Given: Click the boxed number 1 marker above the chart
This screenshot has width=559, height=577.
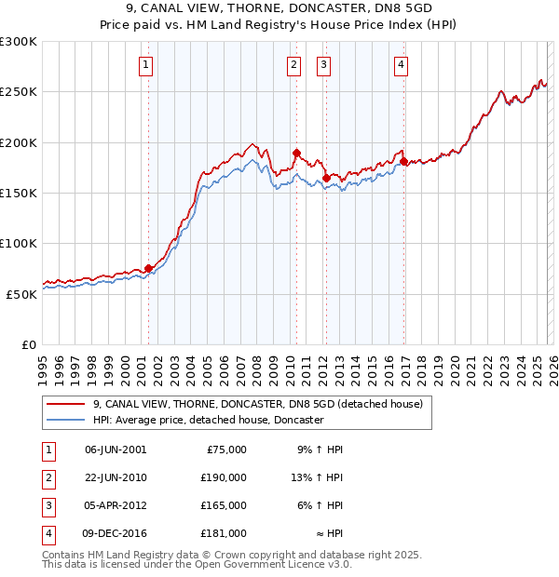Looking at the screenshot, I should point(147,65).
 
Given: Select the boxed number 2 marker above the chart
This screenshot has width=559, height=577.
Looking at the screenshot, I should point(293,65).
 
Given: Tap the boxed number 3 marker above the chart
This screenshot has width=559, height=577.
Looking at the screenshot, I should point(323,65).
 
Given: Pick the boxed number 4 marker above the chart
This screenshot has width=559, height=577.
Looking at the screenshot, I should point(401,65).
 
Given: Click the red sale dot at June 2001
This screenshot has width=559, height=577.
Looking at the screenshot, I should point(148,268).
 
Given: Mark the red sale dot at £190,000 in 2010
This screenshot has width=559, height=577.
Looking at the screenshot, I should point(296,153).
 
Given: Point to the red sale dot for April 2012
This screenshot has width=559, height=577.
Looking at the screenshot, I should point(326,178).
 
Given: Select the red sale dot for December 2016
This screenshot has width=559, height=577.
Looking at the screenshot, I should point(403,162).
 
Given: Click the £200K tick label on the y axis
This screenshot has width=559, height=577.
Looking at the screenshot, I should point(19,143).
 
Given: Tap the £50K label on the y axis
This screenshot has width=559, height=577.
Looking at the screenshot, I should point(21,294).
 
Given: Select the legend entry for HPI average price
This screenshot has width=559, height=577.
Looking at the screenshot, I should point(208,420).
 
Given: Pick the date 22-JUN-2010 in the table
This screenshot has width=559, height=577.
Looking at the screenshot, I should point(116,477).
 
